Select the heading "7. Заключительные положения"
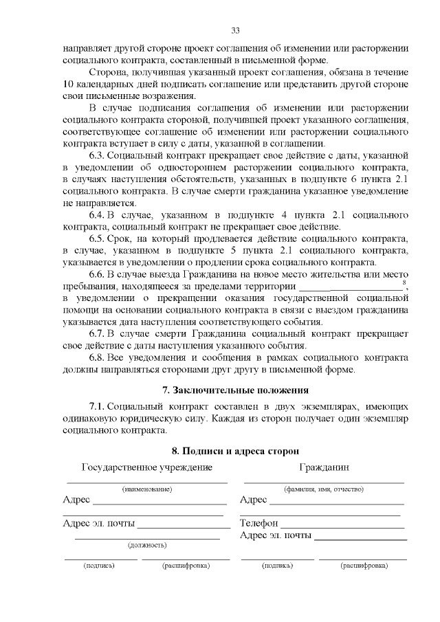pyautogui.click(x=235, y=390)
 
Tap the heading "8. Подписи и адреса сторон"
pyautogui.click(x=235, y=451)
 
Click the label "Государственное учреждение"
pyautogui.click(x=146, y=467)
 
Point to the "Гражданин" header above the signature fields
pyautogui.click(x=324, y=467)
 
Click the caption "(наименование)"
pyautogui.click(x=146, y=489)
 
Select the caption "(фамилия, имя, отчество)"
pyautogui.click(x=324, y=489)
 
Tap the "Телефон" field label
pyautogui.click(x=258, y=523)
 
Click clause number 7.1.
pyautogui.click(x=98, y=406)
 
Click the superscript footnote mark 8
pyautogui.click(x=404, y=282)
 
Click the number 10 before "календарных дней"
pyautogui.click(x=68, y=84)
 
